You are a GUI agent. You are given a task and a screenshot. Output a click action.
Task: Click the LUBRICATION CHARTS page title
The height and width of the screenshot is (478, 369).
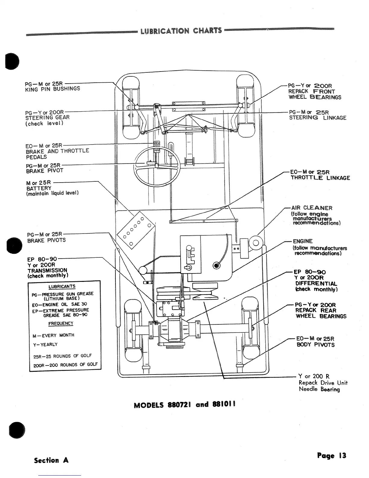tap(181, 31)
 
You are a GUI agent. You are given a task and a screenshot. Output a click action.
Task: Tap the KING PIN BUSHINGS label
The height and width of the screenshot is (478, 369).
tap(52, 89)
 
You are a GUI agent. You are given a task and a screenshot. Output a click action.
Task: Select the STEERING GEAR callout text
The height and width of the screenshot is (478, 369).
tap(47, 118)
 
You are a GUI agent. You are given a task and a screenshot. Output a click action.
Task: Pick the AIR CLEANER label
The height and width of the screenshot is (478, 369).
tap(312, 208)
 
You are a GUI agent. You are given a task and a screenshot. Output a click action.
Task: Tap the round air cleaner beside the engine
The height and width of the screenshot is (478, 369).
tap(256, 243)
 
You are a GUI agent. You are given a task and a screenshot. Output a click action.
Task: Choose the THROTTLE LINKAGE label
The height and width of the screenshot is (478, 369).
tap(320, 178)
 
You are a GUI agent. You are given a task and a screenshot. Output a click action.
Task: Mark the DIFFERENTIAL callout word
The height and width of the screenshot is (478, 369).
tap(316, 283)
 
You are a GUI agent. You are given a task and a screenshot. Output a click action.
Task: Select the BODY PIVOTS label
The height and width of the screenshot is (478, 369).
tap(315, 345)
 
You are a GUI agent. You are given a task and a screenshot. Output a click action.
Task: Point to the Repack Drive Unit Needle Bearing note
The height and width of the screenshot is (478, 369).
tap(322, 383)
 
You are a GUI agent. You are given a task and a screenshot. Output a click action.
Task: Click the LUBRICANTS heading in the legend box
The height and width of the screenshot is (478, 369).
tap(62, 286)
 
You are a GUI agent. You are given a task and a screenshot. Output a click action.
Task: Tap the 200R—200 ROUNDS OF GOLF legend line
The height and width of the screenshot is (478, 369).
tap(65, 365)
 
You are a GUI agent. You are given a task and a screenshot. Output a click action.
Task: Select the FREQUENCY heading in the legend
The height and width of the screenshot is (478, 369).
tap(61, 323)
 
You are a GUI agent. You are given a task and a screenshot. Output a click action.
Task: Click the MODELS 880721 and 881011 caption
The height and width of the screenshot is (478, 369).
tap(184, 404)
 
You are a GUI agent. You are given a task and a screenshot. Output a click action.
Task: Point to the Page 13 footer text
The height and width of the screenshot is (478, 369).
tap(332, 456)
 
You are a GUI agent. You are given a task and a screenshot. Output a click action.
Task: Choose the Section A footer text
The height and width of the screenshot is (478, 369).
tap(51, 460)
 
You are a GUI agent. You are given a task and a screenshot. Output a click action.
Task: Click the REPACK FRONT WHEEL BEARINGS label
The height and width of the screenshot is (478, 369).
tap(315, 94)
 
